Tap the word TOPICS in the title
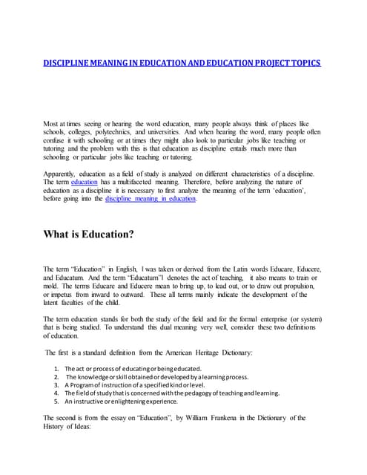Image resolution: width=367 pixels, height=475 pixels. tap(303, 64)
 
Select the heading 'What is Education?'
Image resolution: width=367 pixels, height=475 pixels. tap(89, 236)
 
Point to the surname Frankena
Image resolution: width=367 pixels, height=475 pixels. tap(225, 419)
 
